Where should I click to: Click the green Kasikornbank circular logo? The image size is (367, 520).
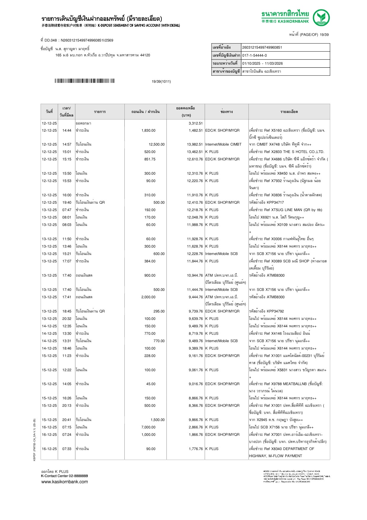click(321, 17)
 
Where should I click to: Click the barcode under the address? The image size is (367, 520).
click(84, 81)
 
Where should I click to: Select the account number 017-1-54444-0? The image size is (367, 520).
click(254, 55)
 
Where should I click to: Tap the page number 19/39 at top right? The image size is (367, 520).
click(324, 35)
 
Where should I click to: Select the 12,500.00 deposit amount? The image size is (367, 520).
click(156, 144)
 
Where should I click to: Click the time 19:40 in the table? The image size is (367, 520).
click(67, 202)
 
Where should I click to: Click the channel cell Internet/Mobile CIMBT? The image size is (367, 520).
click(223, 144)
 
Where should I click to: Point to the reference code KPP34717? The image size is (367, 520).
click(275, 202)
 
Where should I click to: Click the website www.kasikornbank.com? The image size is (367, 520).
click(65, 481)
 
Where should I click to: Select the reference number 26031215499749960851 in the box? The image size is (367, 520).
click(262, 47)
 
